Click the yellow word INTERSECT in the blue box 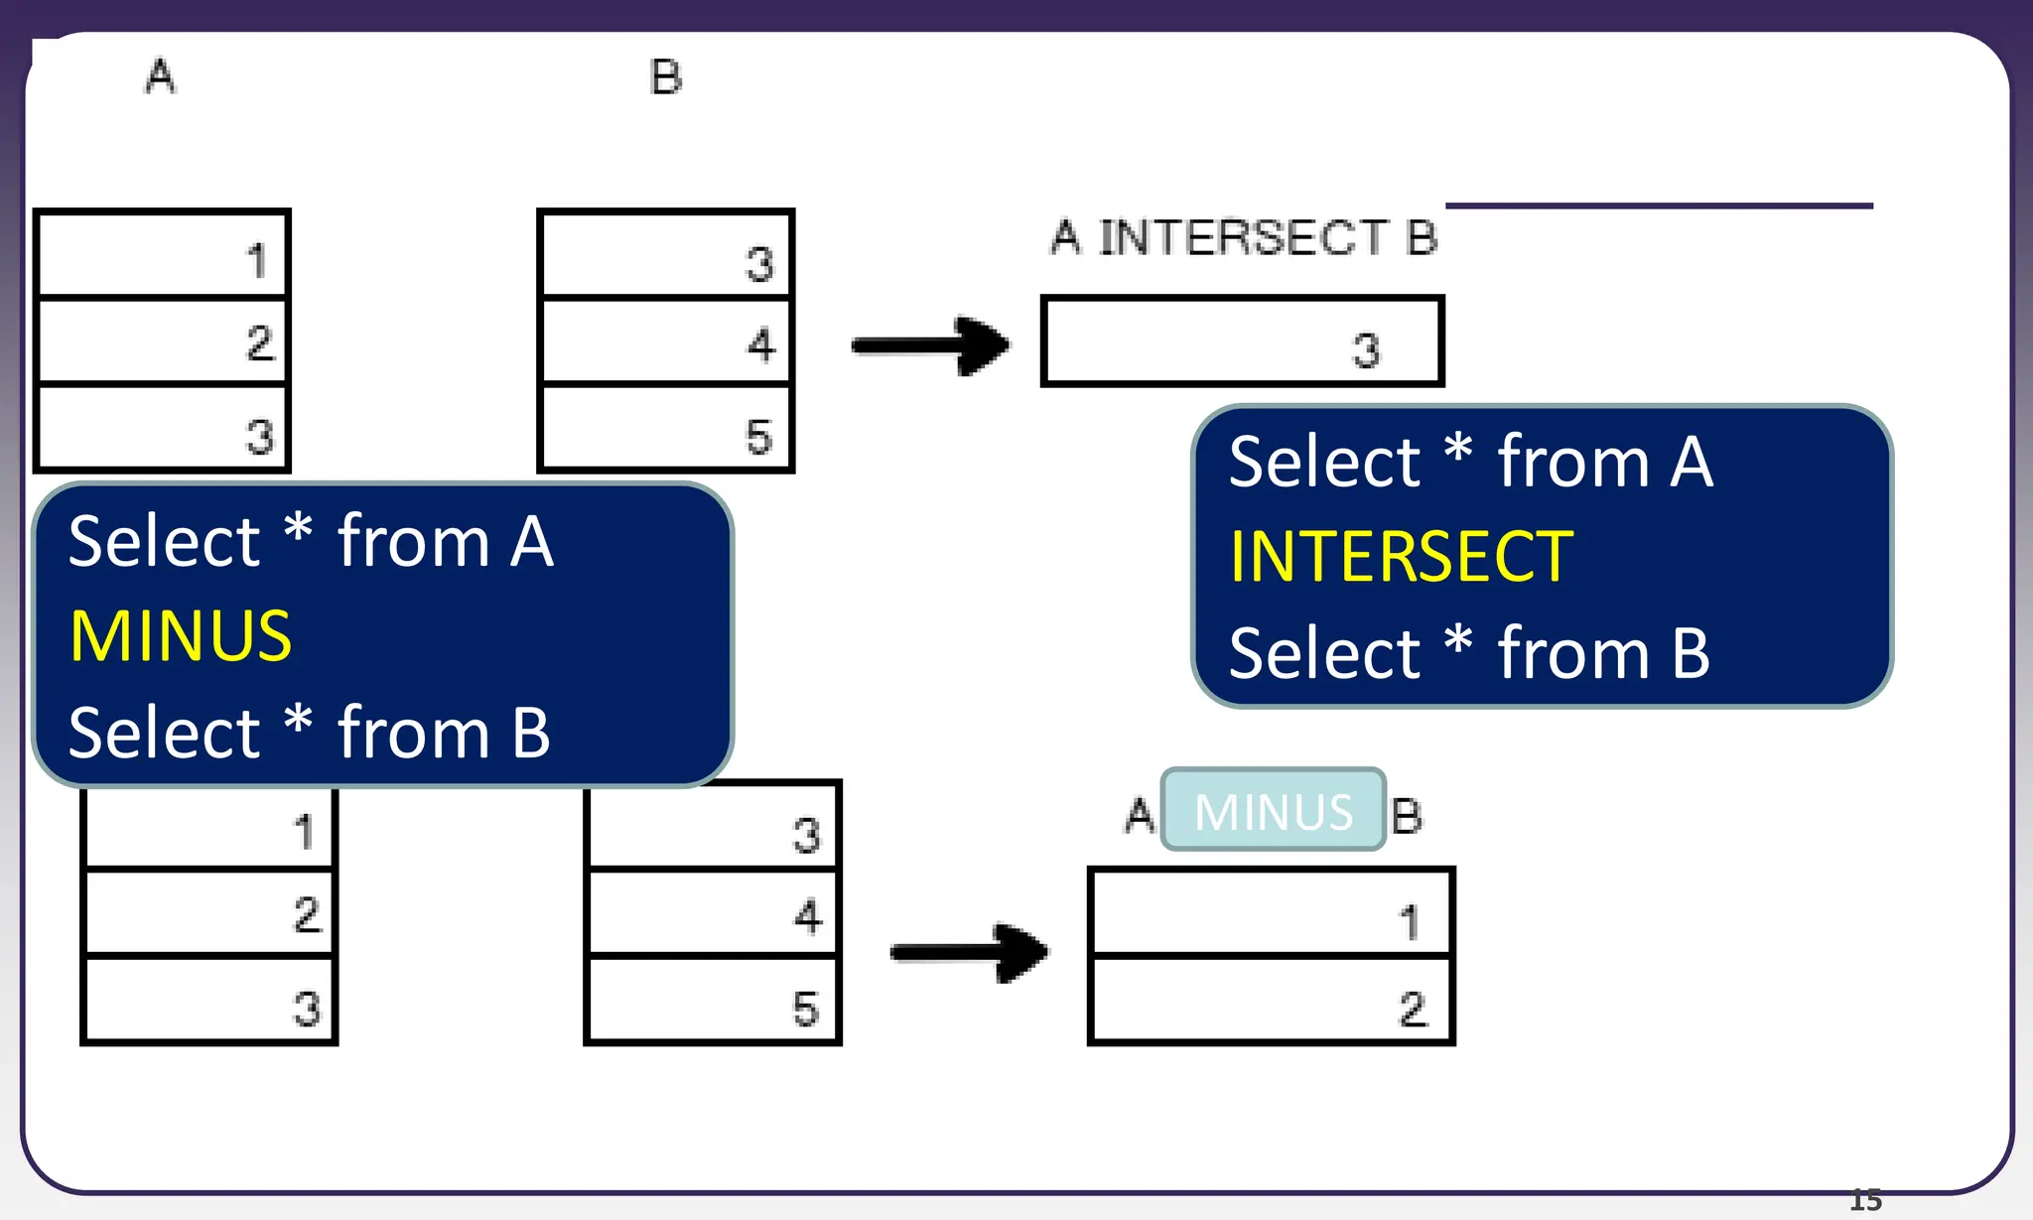1401,557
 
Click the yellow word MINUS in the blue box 181,636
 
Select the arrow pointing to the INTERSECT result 931,345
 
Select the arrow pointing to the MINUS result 969,952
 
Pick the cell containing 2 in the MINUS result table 1271,1000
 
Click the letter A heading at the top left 161,76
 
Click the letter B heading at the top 665,77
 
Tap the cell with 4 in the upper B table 665,340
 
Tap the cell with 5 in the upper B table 665,428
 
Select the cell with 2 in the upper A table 162,340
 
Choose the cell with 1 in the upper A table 162,255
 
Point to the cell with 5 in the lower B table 713,1000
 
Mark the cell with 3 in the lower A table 208,1000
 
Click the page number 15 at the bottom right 1865,1200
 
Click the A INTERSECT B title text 1244,238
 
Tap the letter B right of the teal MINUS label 1407,816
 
